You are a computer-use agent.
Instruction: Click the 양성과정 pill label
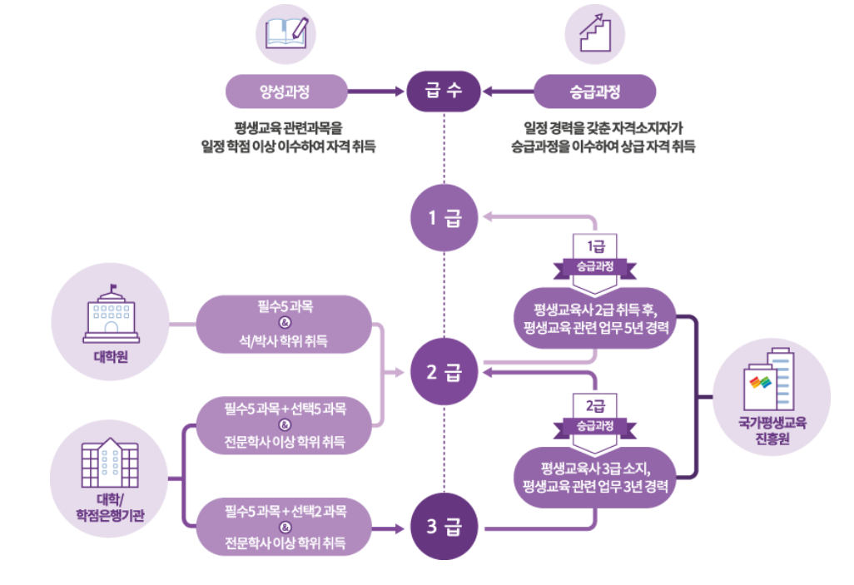[x=286, y=92]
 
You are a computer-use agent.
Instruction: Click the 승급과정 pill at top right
[x=594, y=92]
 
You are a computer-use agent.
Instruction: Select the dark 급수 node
[x=443, y=92]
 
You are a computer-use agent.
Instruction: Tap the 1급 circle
[x=443, y=218]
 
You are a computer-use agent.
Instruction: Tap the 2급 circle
[x=443, y=372]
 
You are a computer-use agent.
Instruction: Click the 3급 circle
[x=443, y=527]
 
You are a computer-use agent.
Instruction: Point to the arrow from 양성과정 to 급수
[x=374, y=92]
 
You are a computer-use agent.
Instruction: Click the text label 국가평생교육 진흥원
[x=772, y=429]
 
